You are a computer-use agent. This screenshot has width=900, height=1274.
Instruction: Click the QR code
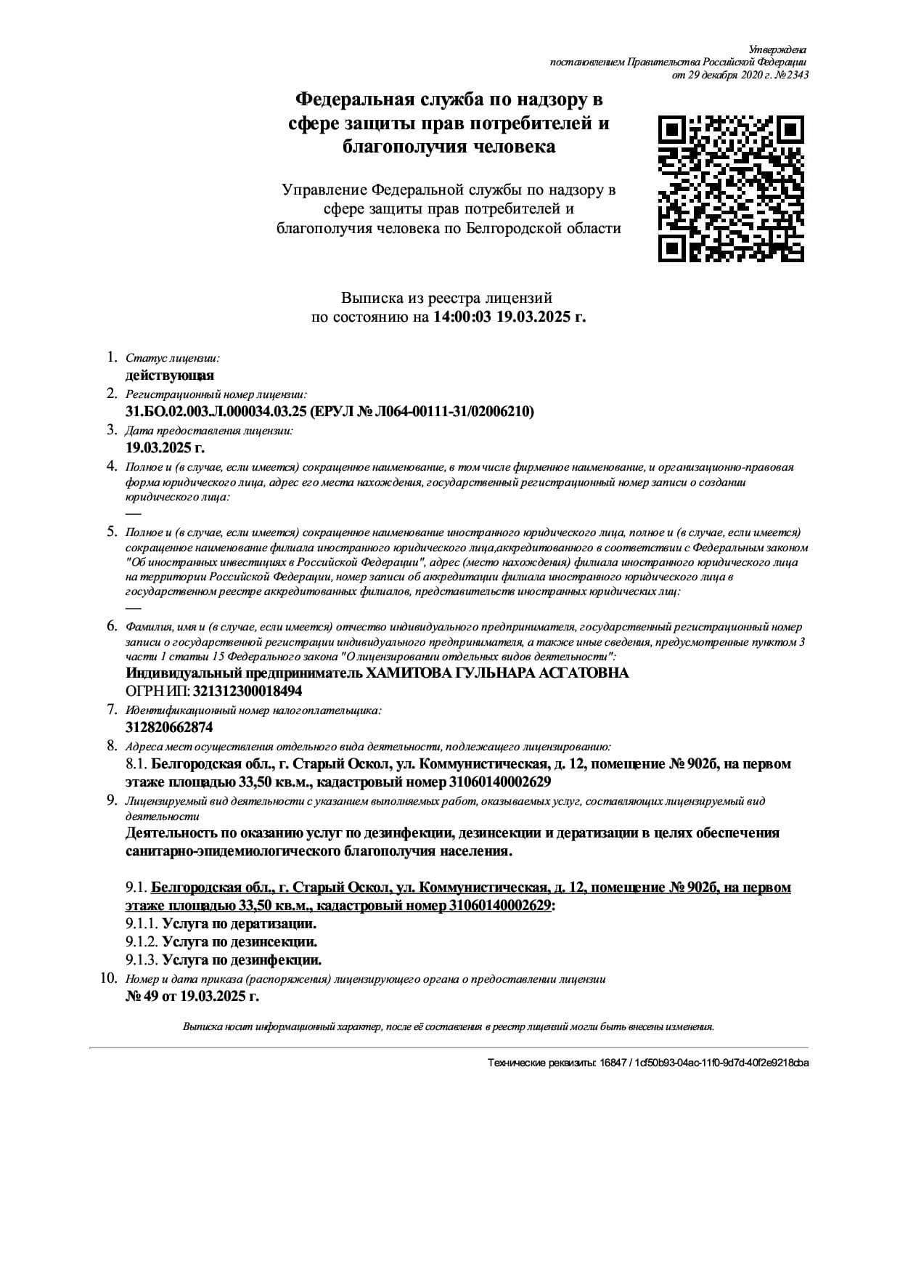tap(731, 188)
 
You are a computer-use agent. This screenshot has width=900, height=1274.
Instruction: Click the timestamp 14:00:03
tap(463, 317)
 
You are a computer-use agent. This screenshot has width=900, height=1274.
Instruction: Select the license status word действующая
tap(170, 376)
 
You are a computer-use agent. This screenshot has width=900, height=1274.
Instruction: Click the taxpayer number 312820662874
tap(169, 727)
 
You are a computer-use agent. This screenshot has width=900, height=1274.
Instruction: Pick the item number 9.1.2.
tap(142, 942)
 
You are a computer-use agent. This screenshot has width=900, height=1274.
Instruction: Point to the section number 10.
tap(109, 978)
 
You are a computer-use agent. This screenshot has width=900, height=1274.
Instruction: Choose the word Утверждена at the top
tap(777, 49)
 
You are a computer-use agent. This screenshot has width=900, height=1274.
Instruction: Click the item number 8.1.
tap(136, 764)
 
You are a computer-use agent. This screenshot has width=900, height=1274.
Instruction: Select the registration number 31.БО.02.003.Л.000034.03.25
tap(216, 412)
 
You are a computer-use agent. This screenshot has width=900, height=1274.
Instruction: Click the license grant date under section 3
tap(165, 447)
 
